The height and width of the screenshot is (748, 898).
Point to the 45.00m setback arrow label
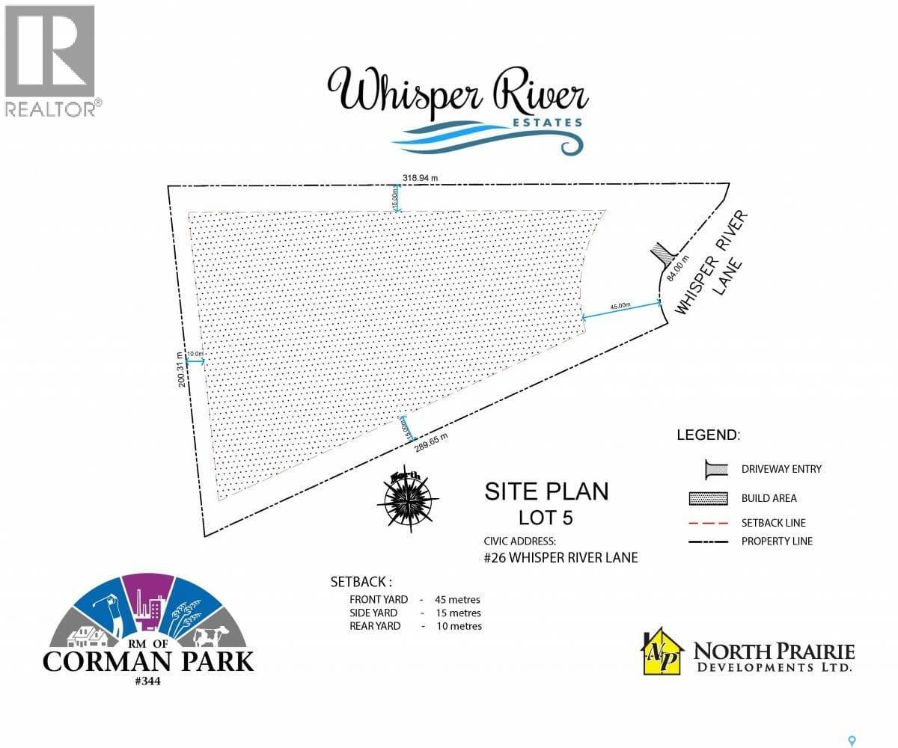coord(620,306)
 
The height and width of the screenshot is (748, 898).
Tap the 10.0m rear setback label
coord(195,354)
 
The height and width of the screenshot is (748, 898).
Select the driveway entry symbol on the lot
coord(659,254)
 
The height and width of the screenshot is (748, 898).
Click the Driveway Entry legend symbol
coord(716,469)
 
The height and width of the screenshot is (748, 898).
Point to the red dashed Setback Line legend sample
coord(716,523)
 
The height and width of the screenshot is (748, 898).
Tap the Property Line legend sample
coord(716,541)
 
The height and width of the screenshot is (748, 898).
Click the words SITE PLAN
coord(546,491)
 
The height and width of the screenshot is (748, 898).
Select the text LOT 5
coord(546,517)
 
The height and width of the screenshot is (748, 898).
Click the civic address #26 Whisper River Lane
coord(561,557)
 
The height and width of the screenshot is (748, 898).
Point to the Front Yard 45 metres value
coord(457,599)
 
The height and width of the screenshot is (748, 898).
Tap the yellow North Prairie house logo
coord(663,652)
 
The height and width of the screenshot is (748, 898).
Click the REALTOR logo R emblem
coord(49,50)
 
